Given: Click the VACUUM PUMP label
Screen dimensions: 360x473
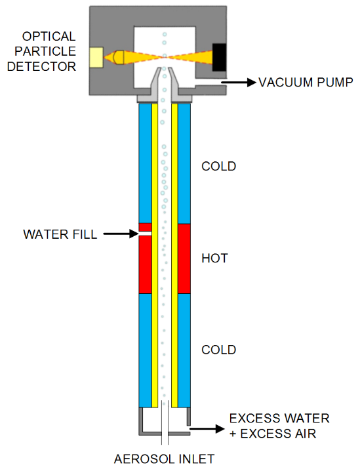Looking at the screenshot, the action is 306,83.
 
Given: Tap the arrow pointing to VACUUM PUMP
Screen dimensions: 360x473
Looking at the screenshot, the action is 239,82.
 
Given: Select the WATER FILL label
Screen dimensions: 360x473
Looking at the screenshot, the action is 60,234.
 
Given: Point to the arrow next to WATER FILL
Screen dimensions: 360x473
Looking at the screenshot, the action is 121,234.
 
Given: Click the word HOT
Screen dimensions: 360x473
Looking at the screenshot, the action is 214,258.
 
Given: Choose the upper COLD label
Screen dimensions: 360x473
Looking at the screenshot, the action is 218,166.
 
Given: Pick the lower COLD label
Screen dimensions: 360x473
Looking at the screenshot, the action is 218,350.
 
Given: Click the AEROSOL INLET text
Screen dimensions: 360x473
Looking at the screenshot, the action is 165,459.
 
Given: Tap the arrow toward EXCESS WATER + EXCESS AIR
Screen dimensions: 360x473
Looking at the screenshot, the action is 207,428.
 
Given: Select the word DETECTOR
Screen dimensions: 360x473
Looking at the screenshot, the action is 41,66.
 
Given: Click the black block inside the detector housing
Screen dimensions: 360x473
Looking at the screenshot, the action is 219,57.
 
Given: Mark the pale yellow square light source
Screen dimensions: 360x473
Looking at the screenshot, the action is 96,57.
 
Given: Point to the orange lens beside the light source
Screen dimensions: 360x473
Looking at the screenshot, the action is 119,57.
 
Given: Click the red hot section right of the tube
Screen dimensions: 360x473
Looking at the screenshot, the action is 184,258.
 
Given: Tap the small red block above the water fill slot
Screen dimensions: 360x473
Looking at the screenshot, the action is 145,227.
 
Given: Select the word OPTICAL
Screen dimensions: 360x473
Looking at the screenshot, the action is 49,37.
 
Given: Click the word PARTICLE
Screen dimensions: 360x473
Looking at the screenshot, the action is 45,51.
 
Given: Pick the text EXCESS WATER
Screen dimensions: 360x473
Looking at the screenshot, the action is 279,419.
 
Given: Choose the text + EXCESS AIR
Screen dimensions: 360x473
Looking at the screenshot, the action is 273,434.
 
